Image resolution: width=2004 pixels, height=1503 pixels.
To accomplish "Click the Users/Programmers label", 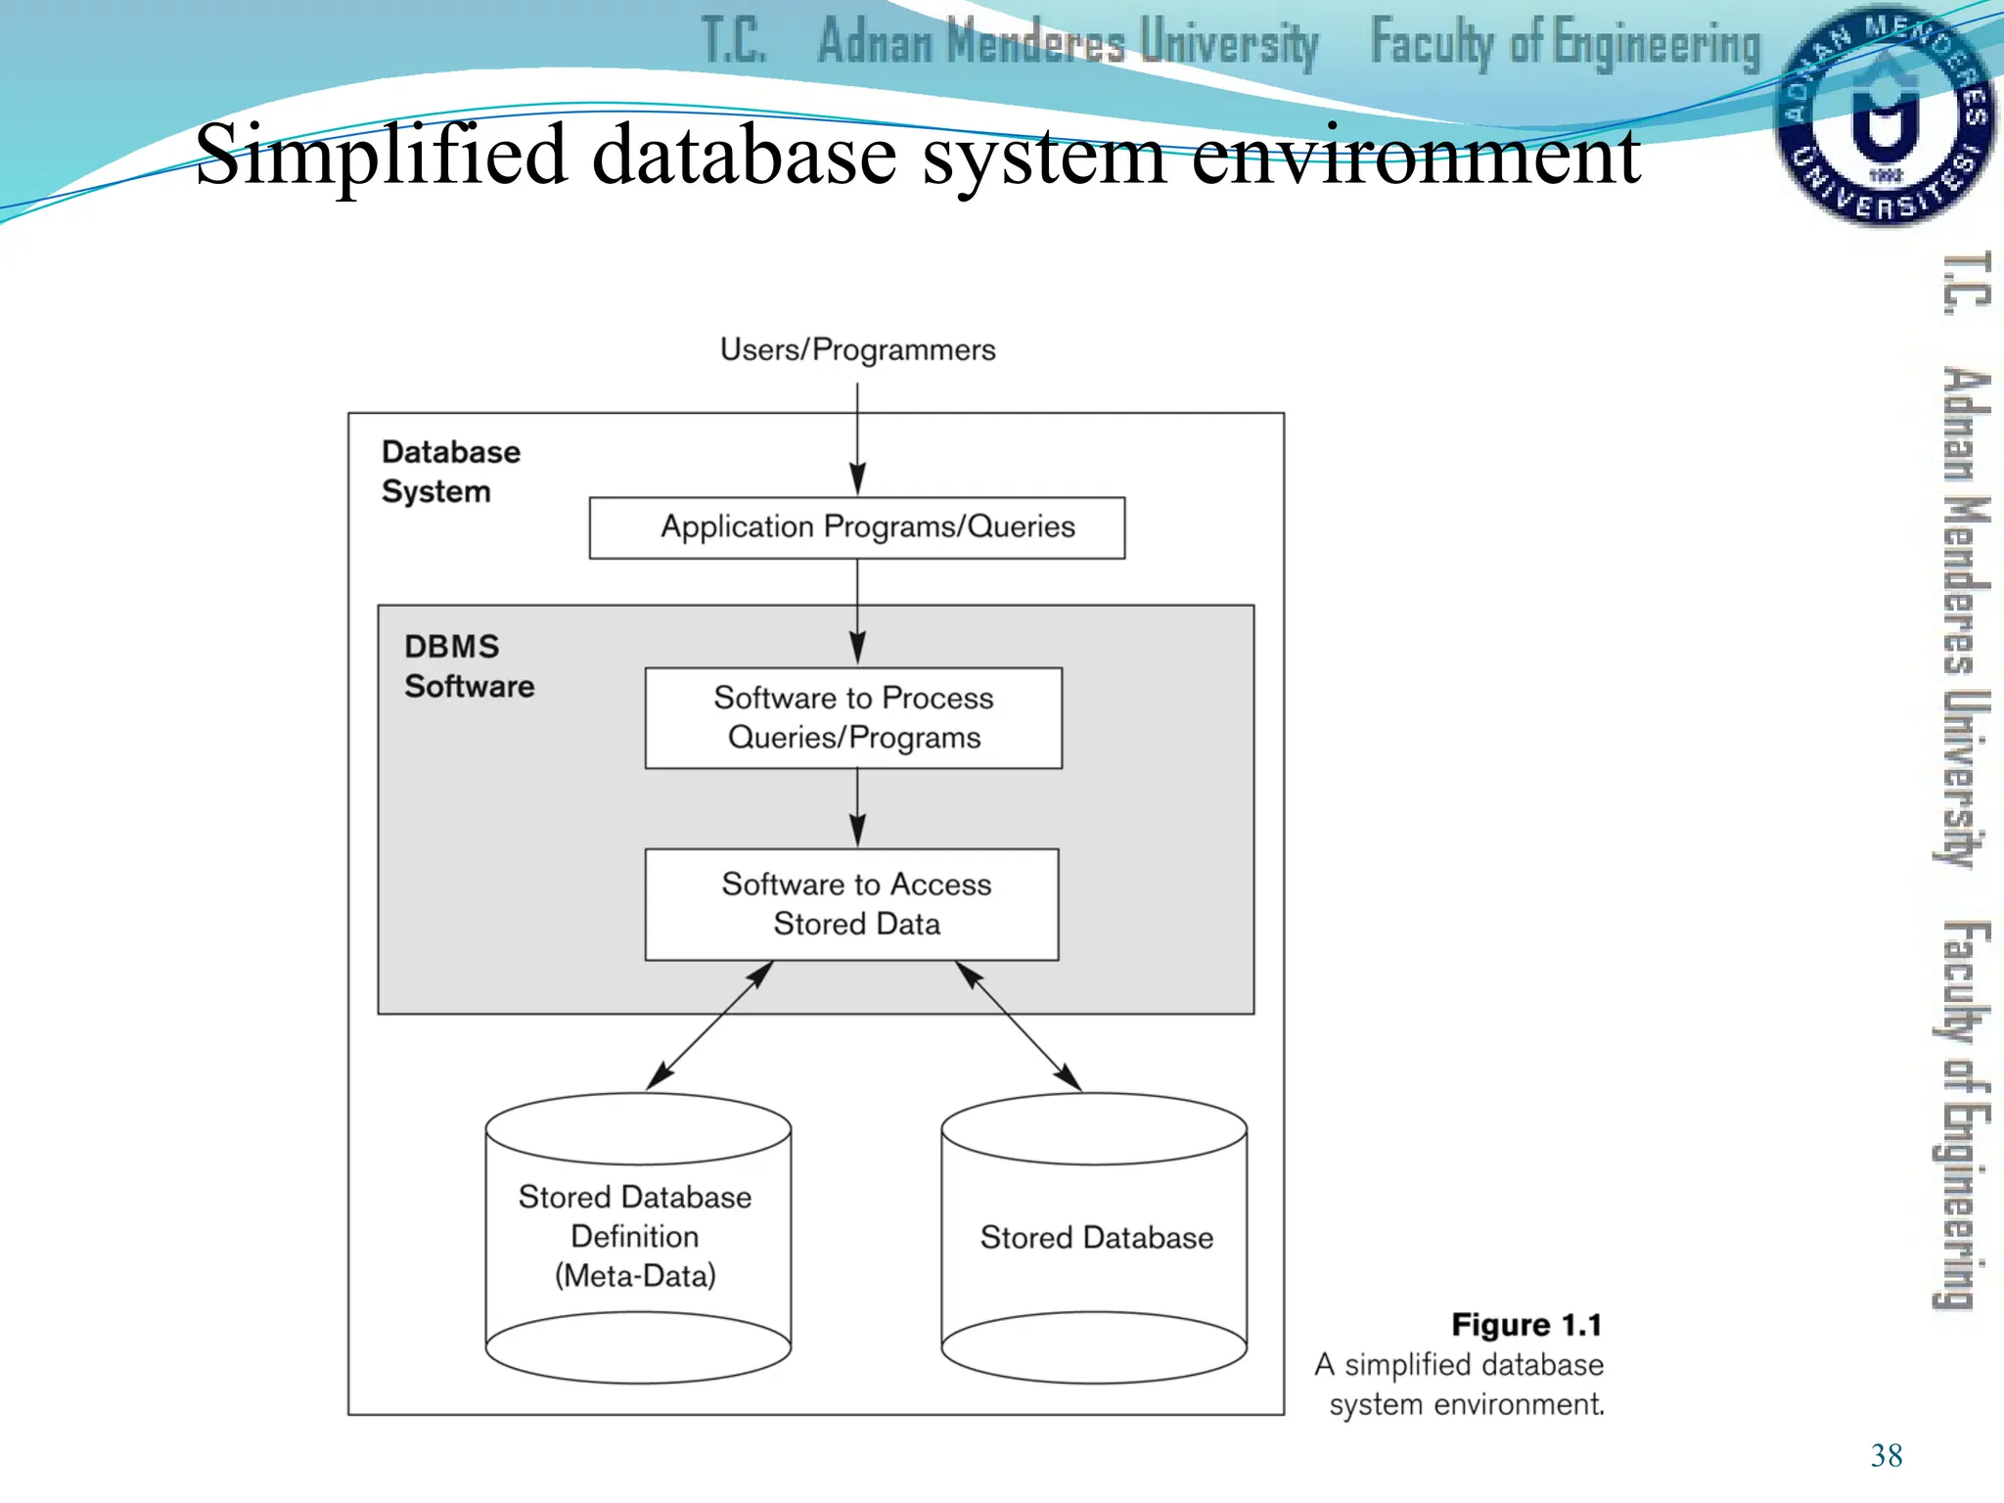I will click(857, 349).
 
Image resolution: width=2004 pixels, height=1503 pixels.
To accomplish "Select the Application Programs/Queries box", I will click(857, 527).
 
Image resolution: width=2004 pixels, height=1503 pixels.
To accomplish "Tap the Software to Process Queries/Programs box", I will click(853, 717).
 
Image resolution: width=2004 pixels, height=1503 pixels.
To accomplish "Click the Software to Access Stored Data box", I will click(852, 903).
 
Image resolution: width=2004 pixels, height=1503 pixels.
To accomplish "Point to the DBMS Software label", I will click(469, 666).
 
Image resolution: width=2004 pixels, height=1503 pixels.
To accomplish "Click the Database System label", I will click(450, 471).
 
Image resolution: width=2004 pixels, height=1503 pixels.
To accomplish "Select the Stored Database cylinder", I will click(1094, 1237).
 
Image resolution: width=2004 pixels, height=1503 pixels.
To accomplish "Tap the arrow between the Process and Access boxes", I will click(857, 807).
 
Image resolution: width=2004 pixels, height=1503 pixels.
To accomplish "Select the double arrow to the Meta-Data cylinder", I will click(709, 1025).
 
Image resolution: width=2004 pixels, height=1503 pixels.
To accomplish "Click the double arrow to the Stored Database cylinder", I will click(1018, 1025).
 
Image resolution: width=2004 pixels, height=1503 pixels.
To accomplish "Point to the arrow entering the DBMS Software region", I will click(857, 612).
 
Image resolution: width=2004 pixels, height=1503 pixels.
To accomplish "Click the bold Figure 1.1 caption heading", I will click(1526, 1325).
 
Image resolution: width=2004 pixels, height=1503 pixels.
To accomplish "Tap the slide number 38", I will click(1886, 1455).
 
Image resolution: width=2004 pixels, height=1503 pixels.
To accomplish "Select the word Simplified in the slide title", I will click(381, 155).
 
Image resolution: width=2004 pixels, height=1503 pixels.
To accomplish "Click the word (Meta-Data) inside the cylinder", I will click(635, 1276).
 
